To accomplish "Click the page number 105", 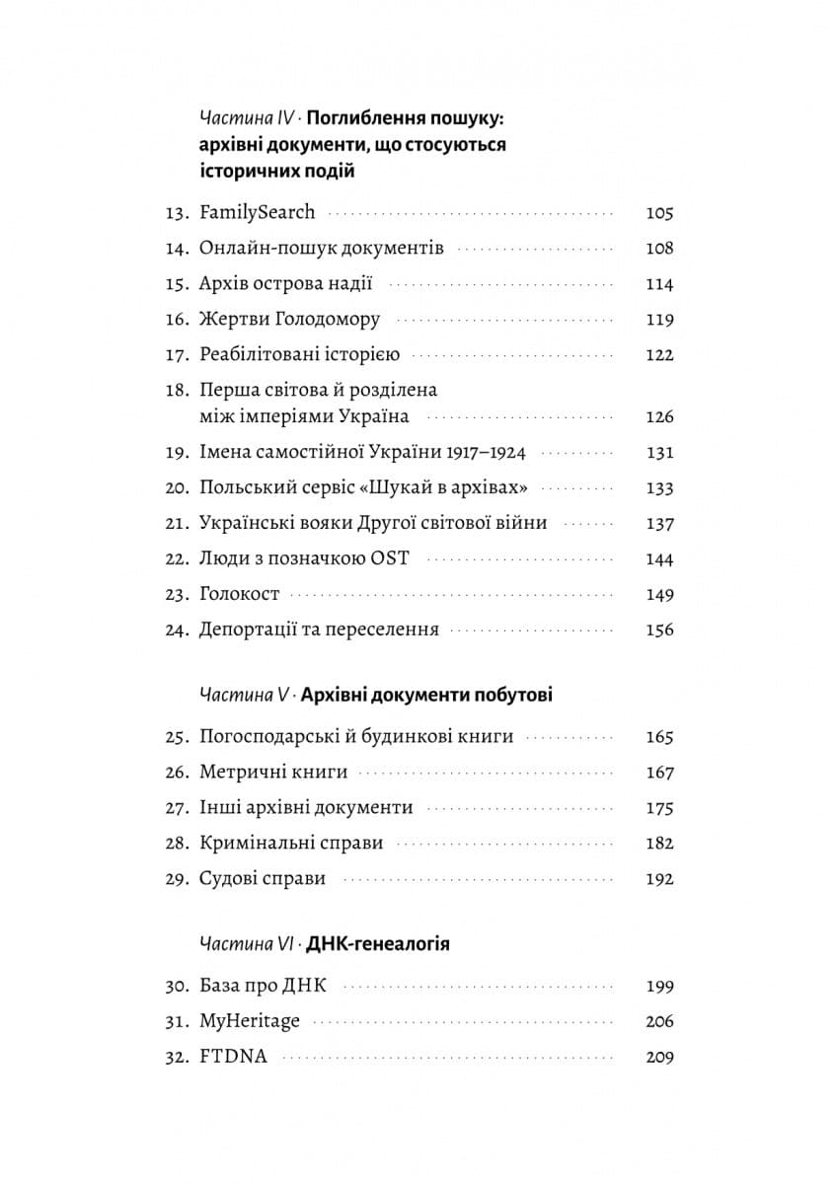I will [658, 213].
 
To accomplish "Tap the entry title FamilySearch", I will [257, 212].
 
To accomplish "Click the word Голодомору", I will [327, 320].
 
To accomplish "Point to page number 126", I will [658, 416].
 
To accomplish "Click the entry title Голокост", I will [239, 595].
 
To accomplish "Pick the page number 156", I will [658, 630].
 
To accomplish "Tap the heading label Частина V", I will [243, 696].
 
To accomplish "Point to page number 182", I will [658, 844].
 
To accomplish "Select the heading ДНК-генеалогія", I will [378, 944].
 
